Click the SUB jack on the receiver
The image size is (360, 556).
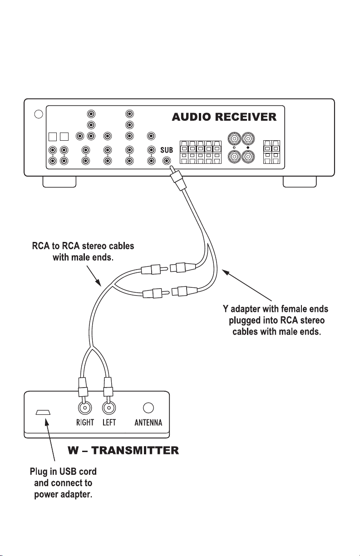point(167,161)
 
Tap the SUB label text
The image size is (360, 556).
point(167,150)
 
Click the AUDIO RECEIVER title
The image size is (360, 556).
point(224,117)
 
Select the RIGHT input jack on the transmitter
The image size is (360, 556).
point(85,408)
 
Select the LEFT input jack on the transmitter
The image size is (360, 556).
point(109,408)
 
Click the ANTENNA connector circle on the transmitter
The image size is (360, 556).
point(148,408)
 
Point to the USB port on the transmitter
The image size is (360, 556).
point(43,412)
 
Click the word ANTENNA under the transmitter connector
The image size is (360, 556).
point(148,423)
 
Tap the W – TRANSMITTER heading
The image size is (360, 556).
point(123,451)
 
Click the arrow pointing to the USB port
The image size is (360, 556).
point(49,440)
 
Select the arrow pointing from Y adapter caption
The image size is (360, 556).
point(247,285)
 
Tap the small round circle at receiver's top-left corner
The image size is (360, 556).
point(39,114)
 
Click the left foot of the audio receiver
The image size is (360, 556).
point(59,182)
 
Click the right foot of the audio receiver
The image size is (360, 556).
point(300,182)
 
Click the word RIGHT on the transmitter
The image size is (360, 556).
point(85,423)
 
